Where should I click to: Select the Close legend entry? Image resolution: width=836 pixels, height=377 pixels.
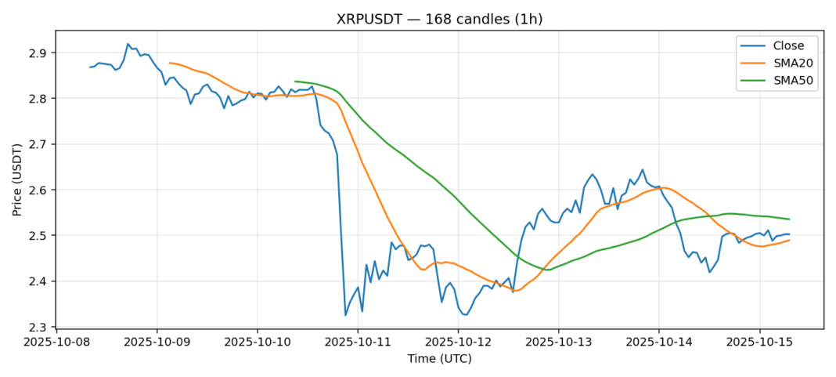(783, 45)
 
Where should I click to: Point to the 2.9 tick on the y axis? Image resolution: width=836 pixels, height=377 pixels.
(39, 53)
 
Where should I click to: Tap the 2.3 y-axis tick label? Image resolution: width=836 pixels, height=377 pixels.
(39, 327)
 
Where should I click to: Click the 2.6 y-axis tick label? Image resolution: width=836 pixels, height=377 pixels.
(39, 190)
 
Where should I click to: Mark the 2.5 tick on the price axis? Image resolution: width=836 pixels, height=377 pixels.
(39, 236)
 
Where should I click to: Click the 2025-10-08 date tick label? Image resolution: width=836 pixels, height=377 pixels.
(56, 342)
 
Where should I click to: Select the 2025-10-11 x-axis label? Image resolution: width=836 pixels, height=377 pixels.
(358, 342)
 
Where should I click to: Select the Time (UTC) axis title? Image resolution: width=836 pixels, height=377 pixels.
(439, 358)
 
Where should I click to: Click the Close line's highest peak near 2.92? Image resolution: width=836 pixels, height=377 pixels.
(128, 44)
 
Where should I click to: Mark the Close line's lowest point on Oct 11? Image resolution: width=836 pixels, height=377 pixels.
(345, 315)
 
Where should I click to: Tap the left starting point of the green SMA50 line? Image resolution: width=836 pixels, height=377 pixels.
(295, 81)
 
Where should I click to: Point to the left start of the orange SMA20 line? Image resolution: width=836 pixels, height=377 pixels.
(170, 63)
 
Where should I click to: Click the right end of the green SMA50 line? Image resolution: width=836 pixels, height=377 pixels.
(789, 219)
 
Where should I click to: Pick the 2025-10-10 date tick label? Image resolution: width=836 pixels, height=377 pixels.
(258, 342)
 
